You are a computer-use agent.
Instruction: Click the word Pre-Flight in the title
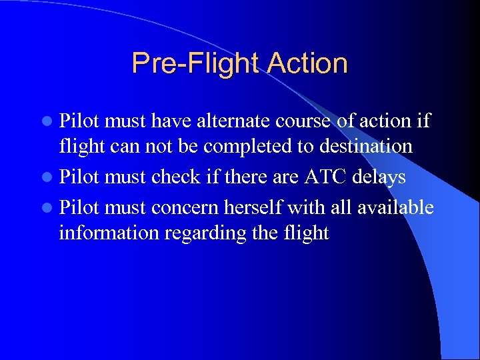click(196, 64)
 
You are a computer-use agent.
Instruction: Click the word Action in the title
click(307, 64)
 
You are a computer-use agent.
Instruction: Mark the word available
click(395, 208)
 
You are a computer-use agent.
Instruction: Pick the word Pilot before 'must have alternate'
click(79, 121)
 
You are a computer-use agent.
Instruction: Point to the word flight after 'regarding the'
click(304, 233)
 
